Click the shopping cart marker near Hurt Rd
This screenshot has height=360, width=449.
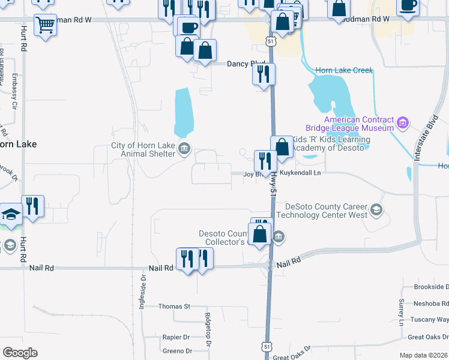click(x=45, y=26)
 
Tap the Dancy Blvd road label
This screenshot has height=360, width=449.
click(x=246, y=64)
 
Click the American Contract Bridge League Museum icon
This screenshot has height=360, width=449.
click(x=403, y=124)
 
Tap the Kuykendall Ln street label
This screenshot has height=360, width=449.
click(x=301, y=173)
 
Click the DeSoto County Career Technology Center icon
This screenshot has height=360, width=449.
click(x=376, y=209)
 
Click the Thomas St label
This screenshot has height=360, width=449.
click(x=174, y=306)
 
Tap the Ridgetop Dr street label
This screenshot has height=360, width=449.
click(x=208, y=330)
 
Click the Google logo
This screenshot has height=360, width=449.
click(x=20, y=353)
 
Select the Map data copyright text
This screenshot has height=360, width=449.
click(x=423, y=355)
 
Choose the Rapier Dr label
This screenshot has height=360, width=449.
click(x=176, y=337)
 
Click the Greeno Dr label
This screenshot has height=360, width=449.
click(x=177, y=351)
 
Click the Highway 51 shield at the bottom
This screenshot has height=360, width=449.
click(x=267, y=347)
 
